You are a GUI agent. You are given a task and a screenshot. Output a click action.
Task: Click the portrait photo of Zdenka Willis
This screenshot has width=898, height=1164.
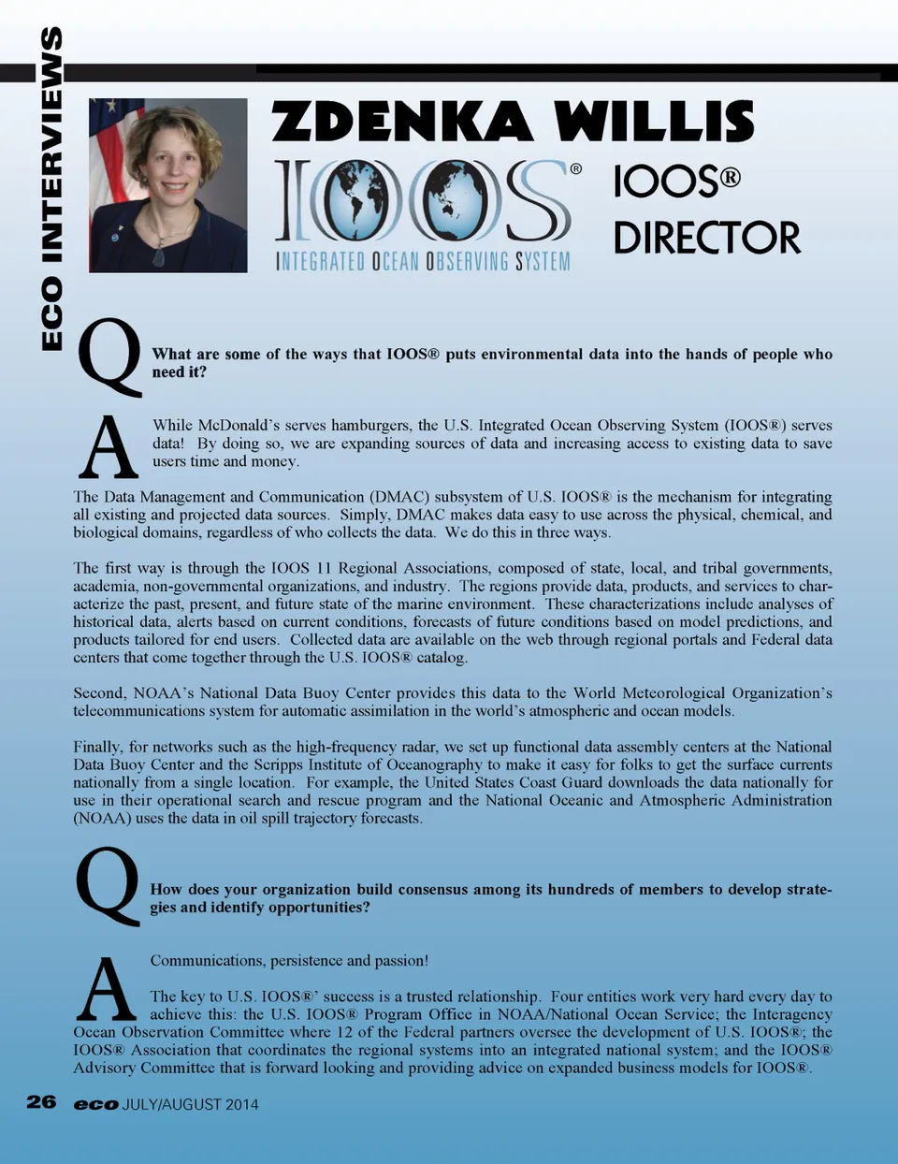tap(168, 185)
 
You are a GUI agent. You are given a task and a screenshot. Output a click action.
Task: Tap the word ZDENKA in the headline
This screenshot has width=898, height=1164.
tap(402, 122)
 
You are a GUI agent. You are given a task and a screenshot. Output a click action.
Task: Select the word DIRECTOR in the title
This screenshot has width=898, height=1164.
tap(707, 238)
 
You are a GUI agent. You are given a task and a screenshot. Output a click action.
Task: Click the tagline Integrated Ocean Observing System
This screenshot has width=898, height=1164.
tap(423, 261)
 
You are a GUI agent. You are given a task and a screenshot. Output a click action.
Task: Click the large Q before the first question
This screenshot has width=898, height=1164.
tap(109, 356)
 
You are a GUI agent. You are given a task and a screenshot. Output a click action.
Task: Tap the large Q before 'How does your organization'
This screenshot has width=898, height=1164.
tap(108, 885)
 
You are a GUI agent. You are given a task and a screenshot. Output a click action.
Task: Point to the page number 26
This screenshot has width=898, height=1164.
tap(41, 1102)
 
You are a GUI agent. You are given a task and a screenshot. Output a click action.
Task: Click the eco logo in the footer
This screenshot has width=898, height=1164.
tap(96, 1104)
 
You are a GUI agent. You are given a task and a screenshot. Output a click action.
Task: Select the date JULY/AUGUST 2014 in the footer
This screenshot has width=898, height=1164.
tap(191, 1104)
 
